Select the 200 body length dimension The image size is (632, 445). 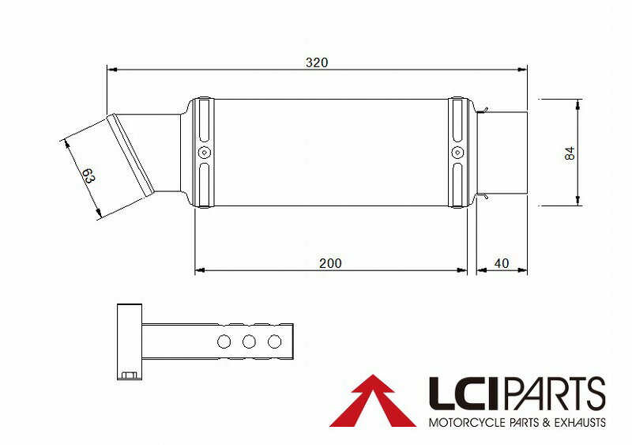(x=331, y=263)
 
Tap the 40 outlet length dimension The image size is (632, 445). (x=501, y=263)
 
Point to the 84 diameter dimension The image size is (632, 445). (x=570, y=153)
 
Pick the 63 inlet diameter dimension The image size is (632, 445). (x=88, y=176)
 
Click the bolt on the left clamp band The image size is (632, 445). (x=204, y=153)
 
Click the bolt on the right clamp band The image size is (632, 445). (x=456, y=153)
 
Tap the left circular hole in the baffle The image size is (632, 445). (x=224, y=341)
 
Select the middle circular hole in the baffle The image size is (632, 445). (x=250, y=341)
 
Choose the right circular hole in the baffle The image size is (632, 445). (x=275, y=341)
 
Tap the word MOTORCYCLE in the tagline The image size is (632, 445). (x=461, y=423)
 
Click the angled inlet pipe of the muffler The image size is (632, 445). (x=138, y=158)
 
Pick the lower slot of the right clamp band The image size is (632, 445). (x=456, y=182)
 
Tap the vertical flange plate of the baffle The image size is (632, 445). (x=128, y=341)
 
